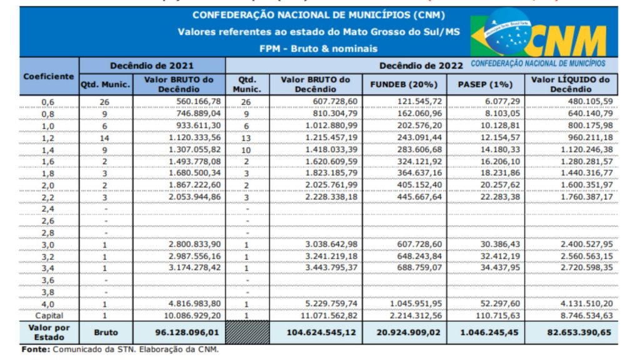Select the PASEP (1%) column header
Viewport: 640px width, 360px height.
click(x=485, y=84)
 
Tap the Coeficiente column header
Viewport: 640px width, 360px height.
click(x=49, y=76)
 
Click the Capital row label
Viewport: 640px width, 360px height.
click(x=48, y=315)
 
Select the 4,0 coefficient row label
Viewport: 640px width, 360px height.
click(x=48, y=304)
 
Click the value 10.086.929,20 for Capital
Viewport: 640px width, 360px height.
click(x=190, y=315)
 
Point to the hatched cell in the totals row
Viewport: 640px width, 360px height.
click(x=247, y=332)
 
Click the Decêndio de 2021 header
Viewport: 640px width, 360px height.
click(x=152, y=65)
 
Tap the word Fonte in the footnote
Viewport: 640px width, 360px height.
click(x=34, y=349)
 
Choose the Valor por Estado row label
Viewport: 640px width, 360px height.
click(x=48, y=332)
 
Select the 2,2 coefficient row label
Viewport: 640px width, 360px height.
click(x=48, y=197)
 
